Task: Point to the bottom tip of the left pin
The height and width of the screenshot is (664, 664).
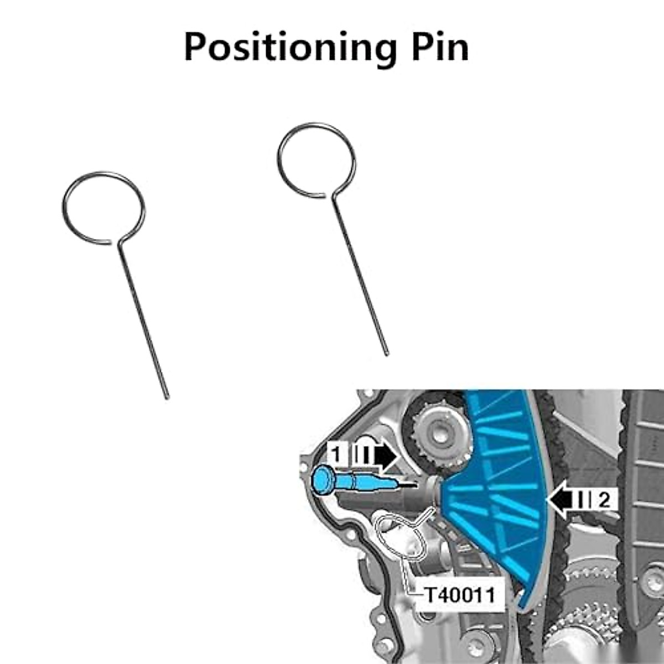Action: (x=167, y=396)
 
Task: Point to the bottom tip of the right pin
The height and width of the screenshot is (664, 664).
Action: (x=386, y=353)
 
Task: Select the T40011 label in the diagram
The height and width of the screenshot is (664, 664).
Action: (x=459, y=595)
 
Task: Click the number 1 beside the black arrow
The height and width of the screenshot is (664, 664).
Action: (x=335, y=454)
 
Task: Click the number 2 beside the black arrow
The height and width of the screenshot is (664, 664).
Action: (x=604, y=500)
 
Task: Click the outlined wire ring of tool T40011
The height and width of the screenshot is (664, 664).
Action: (x=398, y=539)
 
